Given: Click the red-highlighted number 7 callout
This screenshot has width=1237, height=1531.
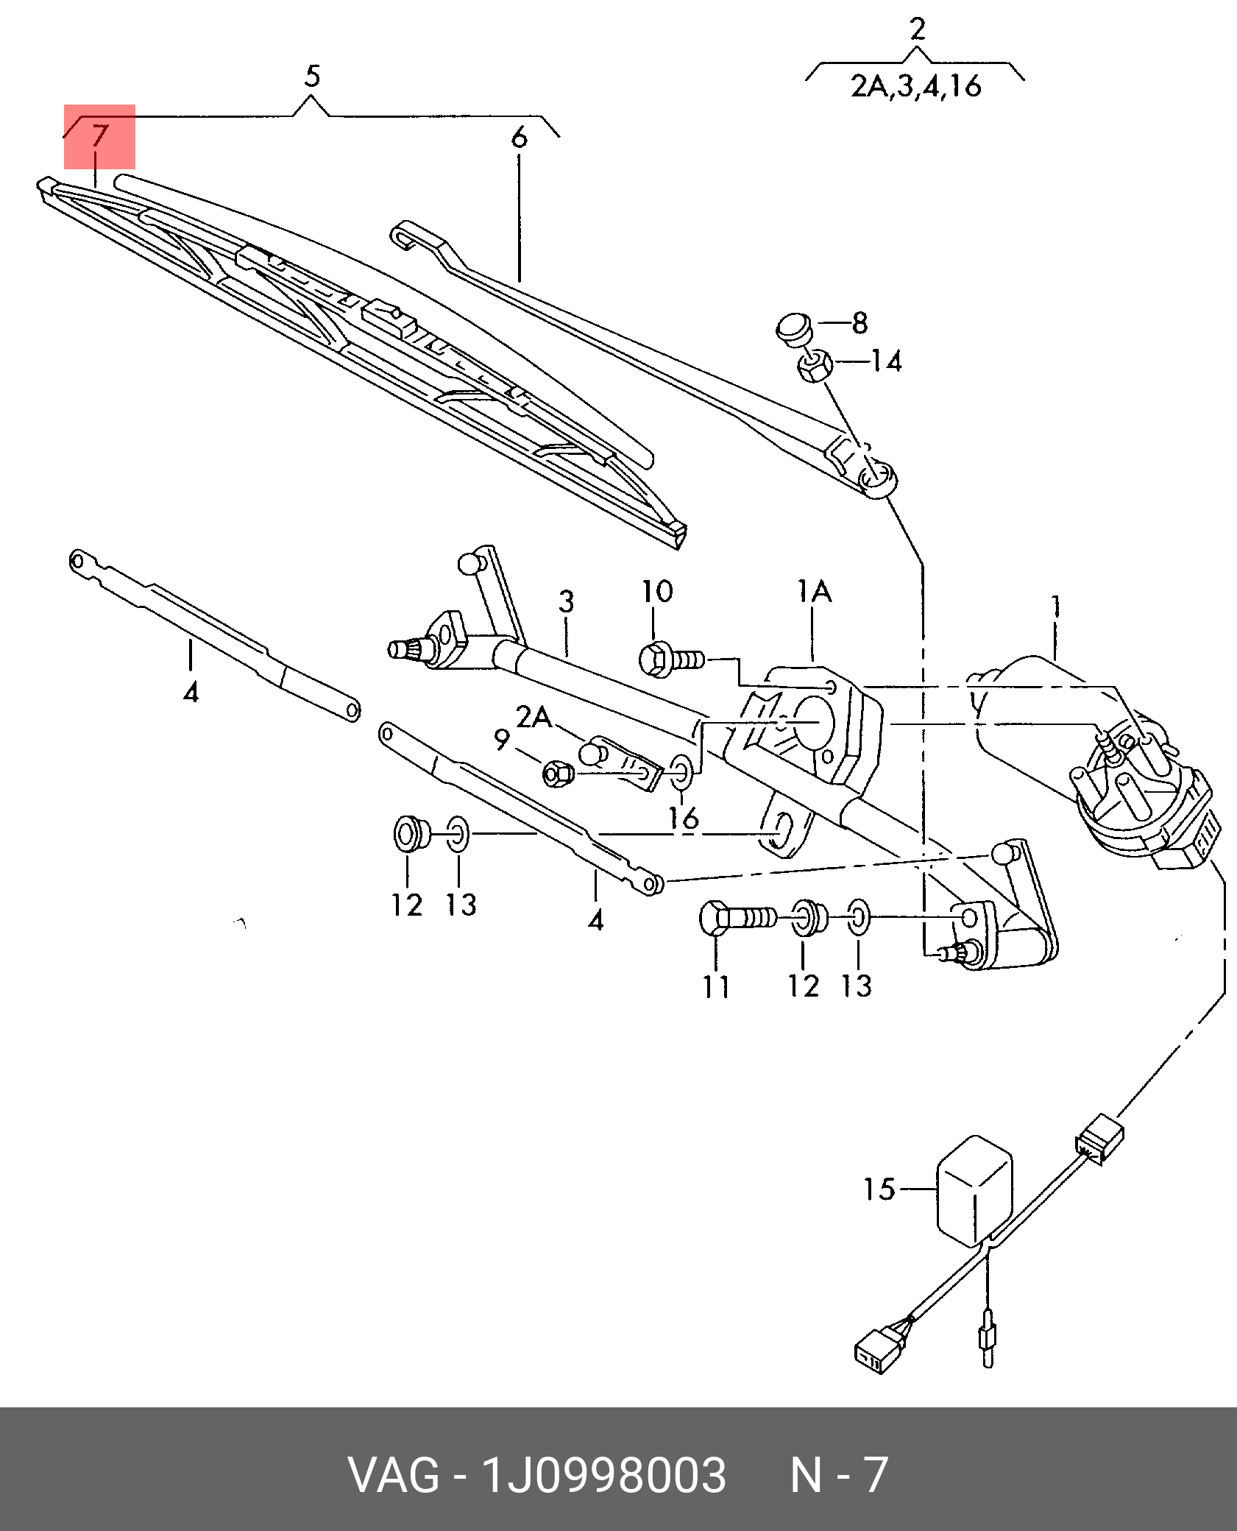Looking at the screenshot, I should click(x=99, y=137).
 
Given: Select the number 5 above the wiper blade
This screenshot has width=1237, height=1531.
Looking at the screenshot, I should click(x=312, y=76).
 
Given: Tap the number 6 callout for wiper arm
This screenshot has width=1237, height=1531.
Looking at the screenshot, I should click(x=519, y=138).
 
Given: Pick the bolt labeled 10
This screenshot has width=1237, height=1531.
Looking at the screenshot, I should click(x=670, y=658).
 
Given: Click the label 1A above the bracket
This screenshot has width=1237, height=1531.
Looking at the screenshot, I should click(x=815, y=592).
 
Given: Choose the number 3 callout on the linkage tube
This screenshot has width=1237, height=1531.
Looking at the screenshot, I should click(x=565, y=602).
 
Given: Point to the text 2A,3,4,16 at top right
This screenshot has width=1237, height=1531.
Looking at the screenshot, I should click(x=916, y=87).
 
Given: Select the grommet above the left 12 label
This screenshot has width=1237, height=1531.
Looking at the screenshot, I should click(x=408, y=833).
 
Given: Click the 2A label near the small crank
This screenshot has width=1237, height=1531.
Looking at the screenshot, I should click(x=534, y=717).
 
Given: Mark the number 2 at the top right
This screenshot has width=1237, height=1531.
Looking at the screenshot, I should click(x=917, y=29).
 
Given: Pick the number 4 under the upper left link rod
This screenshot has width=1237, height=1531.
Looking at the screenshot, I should click(x=191, y=691).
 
